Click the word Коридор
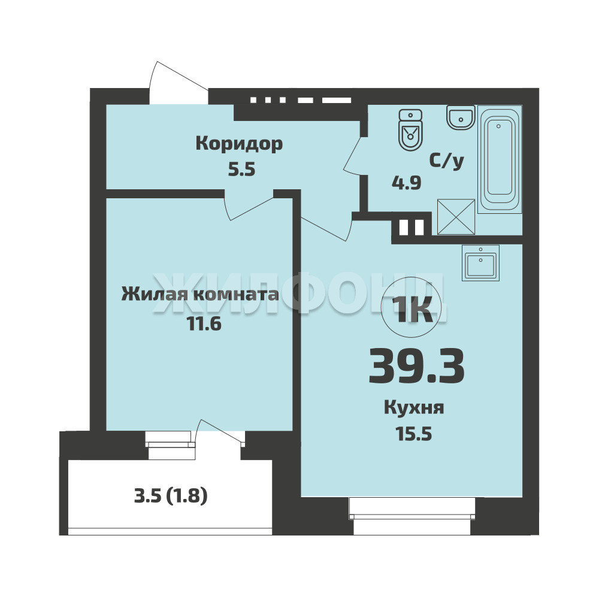[x=239, y=144]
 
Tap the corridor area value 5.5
[x=241, y=170]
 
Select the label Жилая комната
[x=200, y=295]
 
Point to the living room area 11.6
[x=204, y=324]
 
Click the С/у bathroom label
[x=447, y=161]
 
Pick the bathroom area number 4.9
[x=407, y=183]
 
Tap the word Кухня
[x=414, y=407]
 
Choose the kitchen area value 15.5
[x=414, y=434]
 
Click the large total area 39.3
[x=416, y=367]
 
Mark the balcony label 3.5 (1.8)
[x=171, y=496]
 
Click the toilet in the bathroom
[x=410, y=129]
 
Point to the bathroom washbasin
[x=461, y=117]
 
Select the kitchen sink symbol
[x=480, y=263]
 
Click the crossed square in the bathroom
[x=456, y=217]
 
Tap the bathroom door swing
[x=352, y=155]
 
